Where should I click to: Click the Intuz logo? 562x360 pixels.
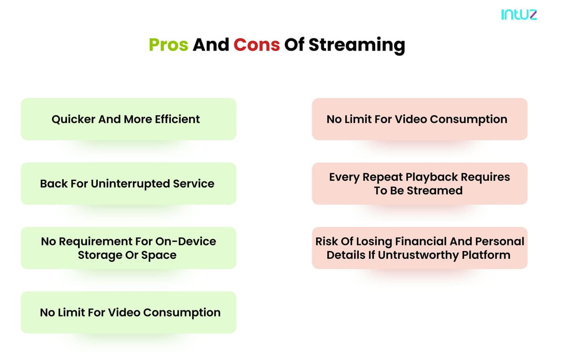point(519,15)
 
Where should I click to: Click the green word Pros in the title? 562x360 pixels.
point(168,45)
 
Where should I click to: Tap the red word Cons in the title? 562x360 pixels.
point(257,45)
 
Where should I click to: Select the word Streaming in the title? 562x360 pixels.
point(357,45)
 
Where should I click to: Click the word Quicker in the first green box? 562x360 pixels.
point(74,119)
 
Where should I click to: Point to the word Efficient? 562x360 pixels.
point(177,119)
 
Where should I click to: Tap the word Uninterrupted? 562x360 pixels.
point(130,184)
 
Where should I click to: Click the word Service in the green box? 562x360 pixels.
point(194,184)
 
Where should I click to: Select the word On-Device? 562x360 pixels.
point(185,242)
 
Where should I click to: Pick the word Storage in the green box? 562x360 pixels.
point(100,256)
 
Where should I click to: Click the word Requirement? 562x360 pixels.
point(94,242)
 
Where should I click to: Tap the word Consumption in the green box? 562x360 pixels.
point(182,313)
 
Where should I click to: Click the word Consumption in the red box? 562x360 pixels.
point(468,119)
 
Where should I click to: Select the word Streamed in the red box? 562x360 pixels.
point(435,191)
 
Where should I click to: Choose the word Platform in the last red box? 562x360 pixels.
point(486,255)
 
